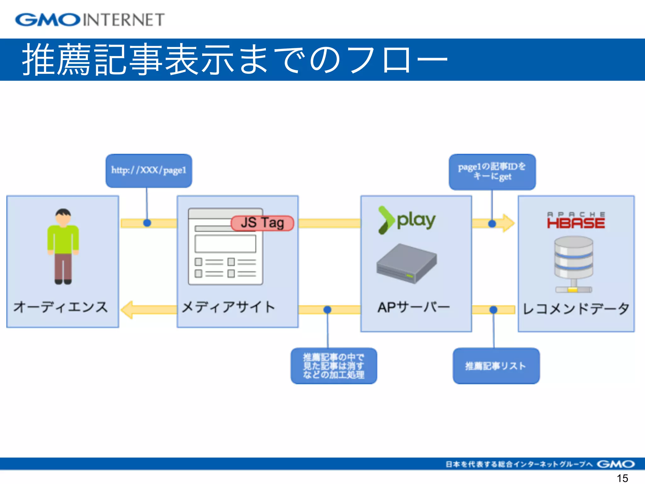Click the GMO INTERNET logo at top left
pyautogui.click(x=90, y=20)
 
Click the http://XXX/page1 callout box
pyautogui.click(x=149, y=170)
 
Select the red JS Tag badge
pyautogui.click(x=262, y=223)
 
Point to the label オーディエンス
pyautogui.click(x=60, y=307)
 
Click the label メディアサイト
pyautogui.click(x=228, y=307)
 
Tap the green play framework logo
pyautogui.click(x=407, y=220)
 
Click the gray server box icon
pyautogui.click(x=407, y=263)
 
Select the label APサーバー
pyautogui.click(x=414, y=307)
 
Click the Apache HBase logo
pyautogui.click(x=576, y=221)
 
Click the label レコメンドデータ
pyautogui.click(x=576, y=308)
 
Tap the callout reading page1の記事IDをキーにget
pyautogui.click(x=492, y=172)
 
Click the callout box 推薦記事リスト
pyautogui.click(x=496, y=366)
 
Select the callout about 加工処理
pyautogui.click(x=334, y=366)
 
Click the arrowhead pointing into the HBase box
pyautogui.click(x=508, y=223)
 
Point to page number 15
pyautogui.click(x=622, y=478)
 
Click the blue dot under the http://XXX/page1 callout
pyautogui.click(x=147, y=223)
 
